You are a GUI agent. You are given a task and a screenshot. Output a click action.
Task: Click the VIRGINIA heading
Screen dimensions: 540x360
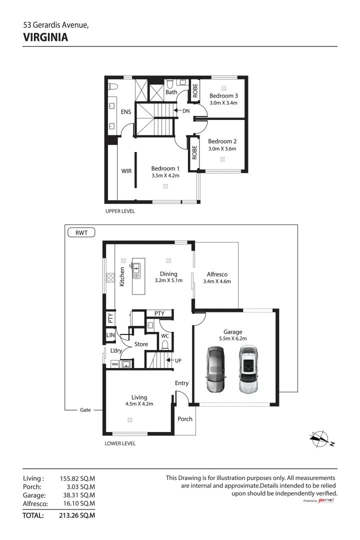pos(45,37)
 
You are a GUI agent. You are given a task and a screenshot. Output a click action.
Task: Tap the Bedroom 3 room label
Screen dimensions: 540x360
pos(223,95)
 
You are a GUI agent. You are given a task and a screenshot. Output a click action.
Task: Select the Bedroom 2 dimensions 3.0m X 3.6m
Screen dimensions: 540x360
pos(222,148)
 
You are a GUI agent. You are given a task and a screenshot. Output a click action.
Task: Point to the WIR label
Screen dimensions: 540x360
pos(126,171)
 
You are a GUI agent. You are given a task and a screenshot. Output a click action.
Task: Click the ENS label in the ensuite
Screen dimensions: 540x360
pos(125,112)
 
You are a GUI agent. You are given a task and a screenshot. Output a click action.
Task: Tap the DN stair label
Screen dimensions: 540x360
pos(186,110)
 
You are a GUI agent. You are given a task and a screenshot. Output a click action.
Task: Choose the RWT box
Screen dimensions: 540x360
pos(81,232)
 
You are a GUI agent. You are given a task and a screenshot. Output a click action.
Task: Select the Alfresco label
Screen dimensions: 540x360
pos(217,274)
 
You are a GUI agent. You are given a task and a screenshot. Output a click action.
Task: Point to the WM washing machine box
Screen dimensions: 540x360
pos(114,364)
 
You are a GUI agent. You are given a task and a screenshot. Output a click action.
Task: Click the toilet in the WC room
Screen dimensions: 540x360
pos(165,345)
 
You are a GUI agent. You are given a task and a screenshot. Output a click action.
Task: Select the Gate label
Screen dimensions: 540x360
pos(85,410)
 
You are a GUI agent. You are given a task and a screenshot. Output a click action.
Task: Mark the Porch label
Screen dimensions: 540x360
pos(185,419)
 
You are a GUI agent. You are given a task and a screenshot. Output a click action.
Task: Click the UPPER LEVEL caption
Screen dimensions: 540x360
pos(120,211)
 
